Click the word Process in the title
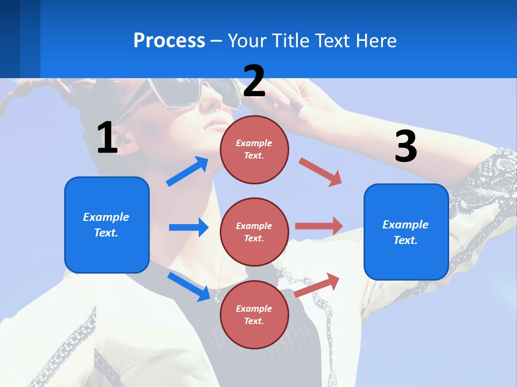coord(169,41)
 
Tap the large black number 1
coord(107,138)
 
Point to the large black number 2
coord(254,81)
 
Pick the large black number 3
coord(406,147)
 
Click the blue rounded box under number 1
coord(107,225)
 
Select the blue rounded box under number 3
coord(406,232)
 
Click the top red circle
coord(254,149)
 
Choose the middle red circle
coord(254,232)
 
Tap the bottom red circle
coord(254,314)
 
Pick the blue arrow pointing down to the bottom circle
coord(188,286)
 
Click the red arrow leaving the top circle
coord(320,171)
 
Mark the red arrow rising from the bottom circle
coord(317,285)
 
